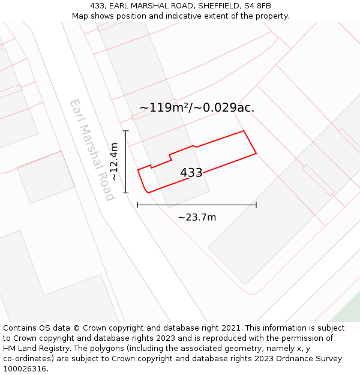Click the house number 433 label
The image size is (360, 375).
coord(191,173)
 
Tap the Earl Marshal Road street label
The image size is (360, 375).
coord(92,150)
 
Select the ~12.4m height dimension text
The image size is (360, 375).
coord(114,161)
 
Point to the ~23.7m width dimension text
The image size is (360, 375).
coord(197,217)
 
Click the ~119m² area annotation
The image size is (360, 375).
coord(196,108)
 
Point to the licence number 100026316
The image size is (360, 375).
coord(26,369)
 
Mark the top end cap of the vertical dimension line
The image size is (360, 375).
coord(126,130)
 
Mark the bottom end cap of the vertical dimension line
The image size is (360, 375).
coord(126,193)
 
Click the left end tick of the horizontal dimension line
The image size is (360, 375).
coord(138,205)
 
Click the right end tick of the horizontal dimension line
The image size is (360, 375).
coord(256,205)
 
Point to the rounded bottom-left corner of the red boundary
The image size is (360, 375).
coord(146,190)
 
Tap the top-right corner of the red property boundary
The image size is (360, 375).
coord(244,131)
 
